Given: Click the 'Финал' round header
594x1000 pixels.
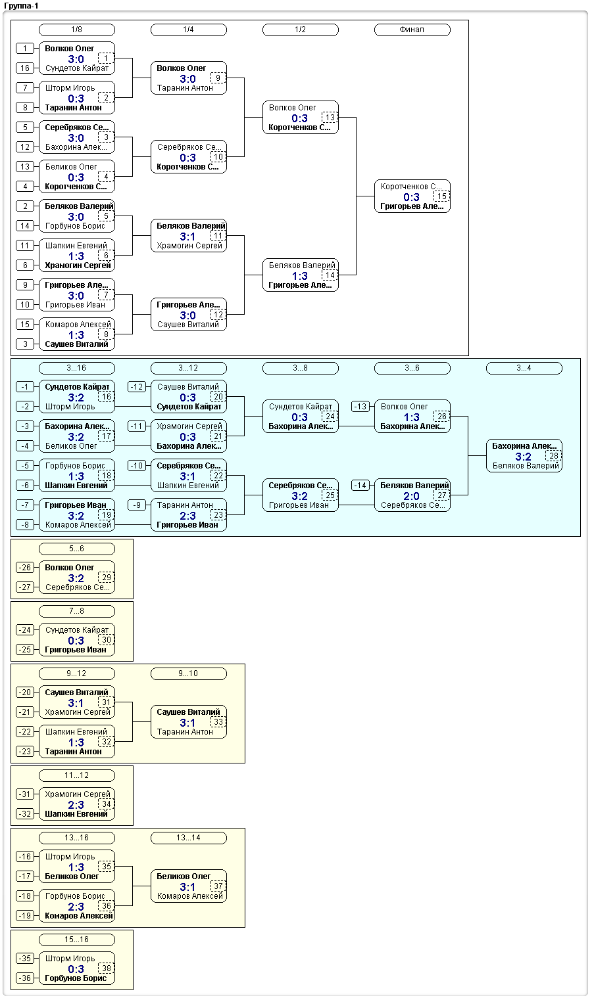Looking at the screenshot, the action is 412,30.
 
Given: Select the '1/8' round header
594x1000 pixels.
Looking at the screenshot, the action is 77,30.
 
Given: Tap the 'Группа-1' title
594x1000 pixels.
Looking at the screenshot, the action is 21,6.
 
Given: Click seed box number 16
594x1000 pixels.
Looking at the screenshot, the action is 25,68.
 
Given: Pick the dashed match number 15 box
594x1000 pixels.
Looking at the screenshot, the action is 441,196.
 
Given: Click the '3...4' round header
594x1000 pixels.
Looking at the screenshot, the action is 524,369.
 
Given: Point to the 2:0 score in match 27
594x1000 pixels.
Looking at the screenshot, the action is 411,496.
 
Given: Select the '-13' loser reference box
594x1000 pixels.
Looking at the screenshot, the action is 360,407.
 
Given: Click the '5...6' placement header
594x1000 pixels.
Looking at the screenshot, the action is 77,549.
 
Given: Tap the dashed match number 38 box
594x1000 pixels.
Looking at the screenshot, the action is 107,968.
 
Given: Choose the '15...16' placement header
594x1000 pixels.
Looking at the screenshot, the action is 77,940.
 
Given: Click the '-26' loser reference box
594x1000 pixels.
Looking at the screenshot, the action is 25,568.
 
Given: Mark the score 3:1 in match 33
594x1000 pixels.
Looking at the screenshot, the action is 187,723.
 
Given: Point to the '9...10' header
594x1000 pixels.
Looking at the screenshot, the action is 189,673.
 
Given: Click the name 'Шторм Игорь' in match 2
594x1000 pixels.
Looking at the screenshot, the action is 70,88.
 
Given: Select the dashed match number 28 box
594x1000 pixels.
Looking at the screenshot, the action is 553,456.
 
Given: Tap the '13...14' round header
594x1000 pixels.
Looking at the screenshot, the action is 189,838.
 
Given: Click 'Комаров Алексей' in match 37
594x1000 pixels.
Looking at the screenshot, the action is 190,896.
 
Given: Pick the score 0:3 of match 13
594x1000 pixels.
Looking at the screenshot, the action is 299,118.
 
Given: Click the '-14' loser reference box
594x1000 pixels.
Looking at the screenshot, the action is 360,486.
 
